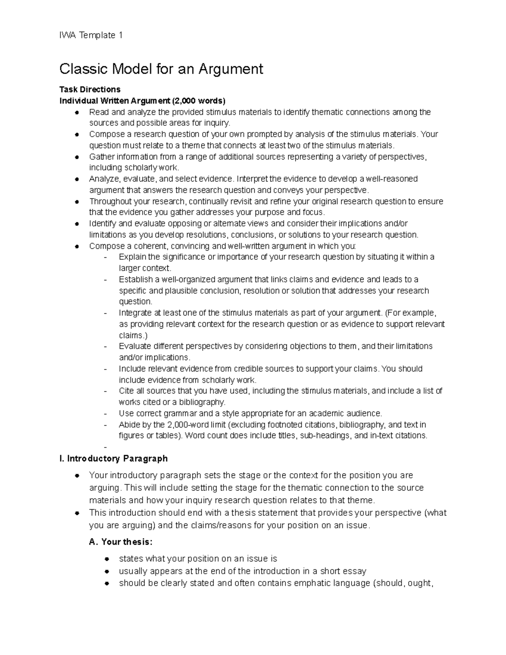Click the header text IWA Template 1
(91, 35)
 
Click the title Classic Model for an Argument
(161, 68)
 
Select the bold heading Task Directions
(90, 89)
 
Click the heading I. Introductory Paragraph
(113, 458)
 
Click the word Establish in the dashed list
(136, 279)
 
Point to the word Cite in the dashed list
(126, 391)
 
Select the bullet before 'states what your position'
(107, 559)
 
